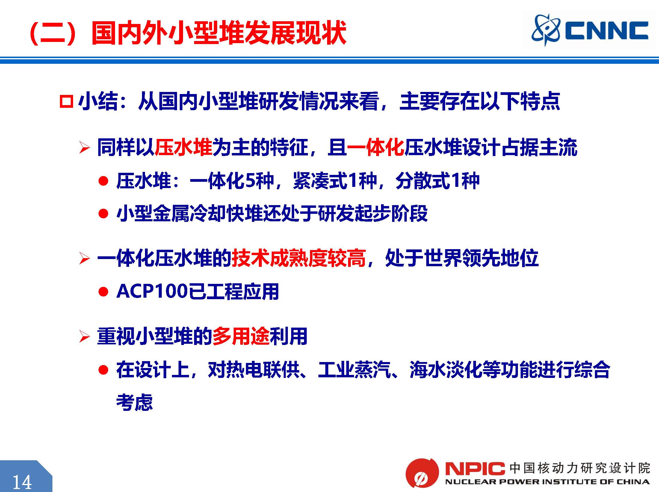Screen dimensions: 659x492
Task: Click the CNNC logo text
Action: point(607,31)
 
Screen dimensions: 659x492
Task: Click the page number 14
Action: point(22,482)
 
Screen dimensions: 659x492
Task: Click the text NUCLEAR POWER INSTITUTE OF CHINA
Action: point(547,482)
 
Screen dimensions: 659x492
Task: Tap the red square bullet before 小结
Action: point(66,102)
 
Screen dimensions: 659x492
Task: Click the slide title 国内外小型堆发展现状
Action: point(219,32)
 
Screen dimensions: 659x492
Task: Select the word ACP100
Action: point(152,291)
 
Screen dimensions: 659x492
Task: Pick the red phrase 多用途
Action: point(241,336)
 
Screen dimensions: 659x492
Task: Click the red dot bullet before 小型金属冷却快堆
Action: point(103,214)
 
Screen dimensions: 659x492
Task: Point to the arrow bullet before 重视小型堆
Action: point(84,337)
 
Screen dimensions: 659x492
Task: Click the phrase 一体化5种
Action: point(232,181)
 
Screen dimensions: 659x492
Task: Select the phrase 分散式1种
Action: point(437,181)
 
